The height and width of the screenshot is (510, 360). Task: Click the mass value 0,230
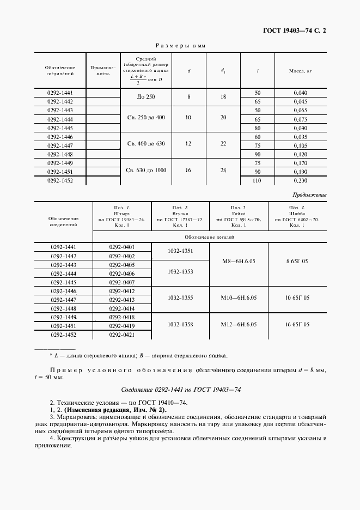click(300, 180)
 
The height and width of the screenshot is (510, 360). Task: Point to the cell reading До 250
click(145, 97)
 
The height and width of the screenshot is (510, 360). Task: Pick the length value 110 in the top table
click(258, 180)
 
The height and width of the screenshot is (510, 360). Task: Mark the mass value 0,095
click(300, 137)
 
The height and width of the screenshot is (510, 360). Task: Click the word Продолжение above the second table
click(309, 194)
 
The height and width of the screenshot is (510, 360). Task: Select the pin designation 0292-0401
click(122, 247)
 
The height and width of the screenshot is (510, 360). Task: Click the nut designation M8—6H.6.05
click(239, 261)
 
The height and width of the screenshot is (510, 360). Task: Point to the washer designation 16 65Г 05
click(297, 324)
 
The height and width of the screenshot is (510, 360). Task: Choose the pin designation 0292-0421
click(122, 335)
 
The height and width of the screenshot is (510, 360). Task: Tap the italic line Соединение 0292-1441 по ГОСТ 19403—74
click(180, 390)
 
